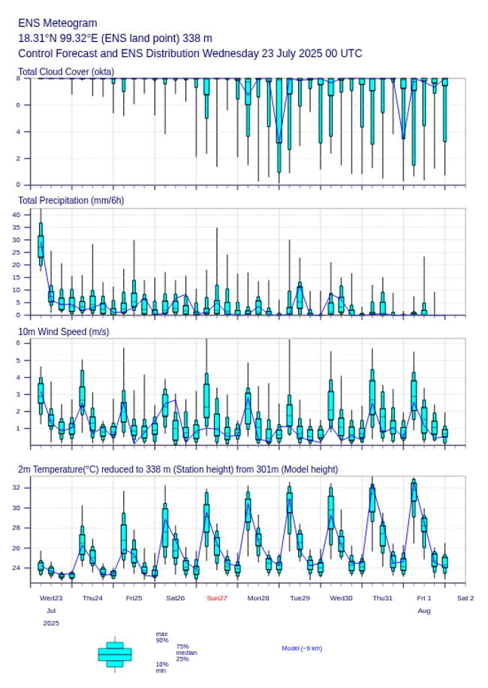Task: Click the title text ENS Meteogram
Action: click(x=58, y=23)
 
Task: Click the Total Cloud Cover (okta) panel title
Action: click(x=65, y=72)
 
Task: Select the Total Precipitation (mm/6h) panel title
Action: click(x=71, y=200)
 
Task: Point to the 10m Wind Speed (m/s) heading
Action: click(x=63, y=332)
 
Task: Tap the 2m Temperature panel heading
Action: click(x=178, y=469)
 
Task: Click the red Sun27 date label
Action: click(x=217, y=598)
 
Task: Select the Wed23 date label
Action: click(x=51, y=598)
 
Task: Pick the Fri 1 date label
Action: click(x=424, y=598)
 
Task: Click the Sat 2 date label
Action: click(x=465, y=598)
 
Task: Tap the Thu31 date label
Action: click(x=383, y=598)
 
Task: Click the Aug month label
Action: click(x=424, y=611)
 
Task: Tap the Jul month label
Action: click(x=51, y=611)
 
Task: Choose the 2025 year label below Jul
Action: click(x=51, y=623)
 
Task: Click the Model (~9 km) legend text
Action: click(x=302, y=648)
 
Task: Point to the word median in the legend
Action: click(x=186, y=653)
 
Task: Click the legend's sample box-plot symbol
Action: click(x=115, y=654)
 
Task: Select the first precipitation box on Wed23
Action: click(x=41, y=246)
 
